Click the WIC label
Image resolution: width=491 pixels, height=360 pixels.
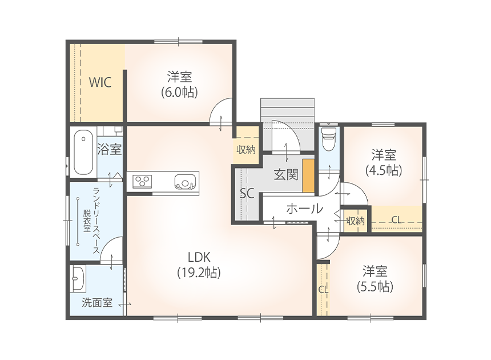100,82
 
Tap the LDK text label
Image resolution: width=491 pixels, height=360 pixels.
199,257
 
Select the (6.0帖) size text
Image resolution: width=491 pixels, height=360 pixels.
179,93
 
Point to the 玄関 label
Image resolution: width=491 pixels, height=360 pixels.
286,174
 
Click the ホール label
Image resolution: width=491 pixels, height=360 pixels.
304,209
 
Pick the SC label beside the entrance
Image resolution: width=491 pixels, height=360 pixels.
247,194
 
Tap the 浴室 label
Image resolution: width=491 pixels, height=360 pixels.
109,149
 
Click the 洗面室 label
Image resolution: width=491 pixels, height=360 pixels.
97,303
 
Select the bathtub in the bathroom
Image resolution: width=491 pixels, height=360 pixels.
83,154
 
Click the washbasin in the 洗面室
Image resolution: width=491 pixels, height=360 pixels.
78,278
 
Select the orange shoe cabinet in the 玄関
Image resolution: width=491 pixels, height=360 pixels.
308,175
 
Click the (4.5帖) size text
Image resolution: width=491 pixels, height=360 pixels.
384,170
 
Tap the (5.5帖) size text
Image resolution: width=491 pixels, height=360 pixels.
375,287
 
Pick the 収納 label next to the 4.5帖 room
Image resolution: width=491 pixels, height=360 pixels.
356,221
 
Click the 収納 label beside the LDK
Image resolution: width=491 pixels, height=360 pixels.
246,150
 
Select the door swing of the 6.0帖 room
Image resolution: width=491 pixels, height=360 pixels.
220,111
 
